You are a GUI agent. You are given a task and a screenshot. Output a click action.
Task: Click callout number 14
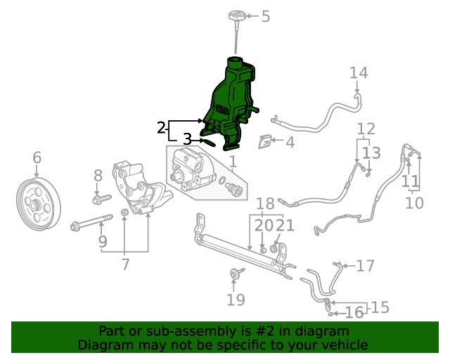[359, 73]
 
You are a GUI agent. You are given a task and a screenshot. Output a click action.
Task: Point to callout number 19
[236, 300]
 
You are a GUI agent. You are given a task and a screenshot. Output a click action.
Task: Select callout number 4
[289, 143]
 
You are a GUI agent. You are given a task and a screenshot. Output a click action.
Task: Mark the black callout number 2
[161, 127]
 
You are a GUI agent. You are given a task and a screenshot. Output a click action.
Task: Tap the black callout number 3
[187, 139]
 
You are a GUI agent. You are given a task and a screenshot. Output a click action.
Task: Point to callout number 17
[366, 266]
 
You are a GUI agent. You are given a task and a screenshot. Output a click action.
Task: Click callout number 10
[414, 203]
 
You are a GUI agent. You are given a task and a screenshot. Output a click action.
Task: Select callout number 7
[125, 264]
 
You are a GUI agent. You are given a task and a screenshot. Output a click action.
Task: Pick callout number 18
[265, 205]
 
